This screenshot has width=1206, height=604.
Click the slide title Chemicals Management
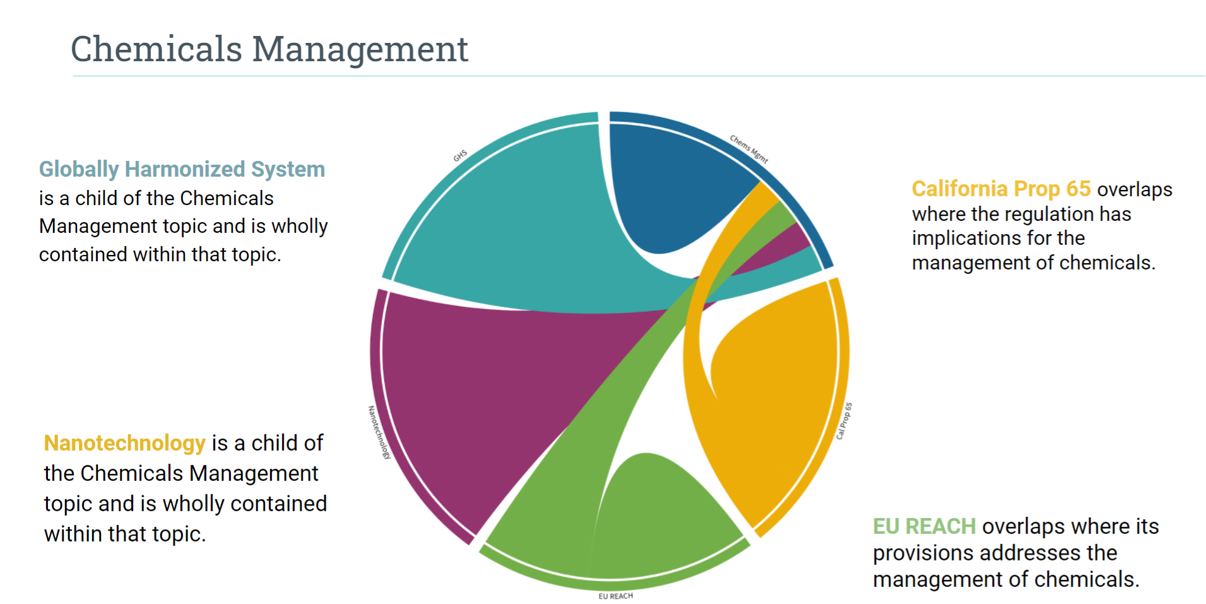[x=269, y=49]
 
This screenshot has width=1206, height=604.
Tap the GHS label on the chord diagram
[x=460, y=155]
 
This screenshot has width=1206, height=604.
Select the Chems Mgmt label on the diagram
[x=749, y=149]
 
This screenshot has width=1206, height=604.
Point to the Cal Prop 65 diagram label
[x=844, y=421]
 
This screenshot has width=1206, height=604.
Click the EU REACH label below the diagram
[x=615, y=596]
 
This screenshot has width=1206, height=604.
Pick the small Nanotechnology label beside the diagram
[x=379, y=432]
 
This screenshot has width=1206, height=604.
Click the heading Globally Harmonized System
[x=182, y=169]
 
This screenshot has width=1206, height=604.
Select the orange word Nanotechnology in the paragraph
[x=124, y=443]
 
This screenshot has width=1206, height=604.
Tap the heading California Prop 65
[x=1001, y=189]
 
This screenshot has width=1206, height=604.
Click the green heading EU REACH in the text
[x=924, y=526]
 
